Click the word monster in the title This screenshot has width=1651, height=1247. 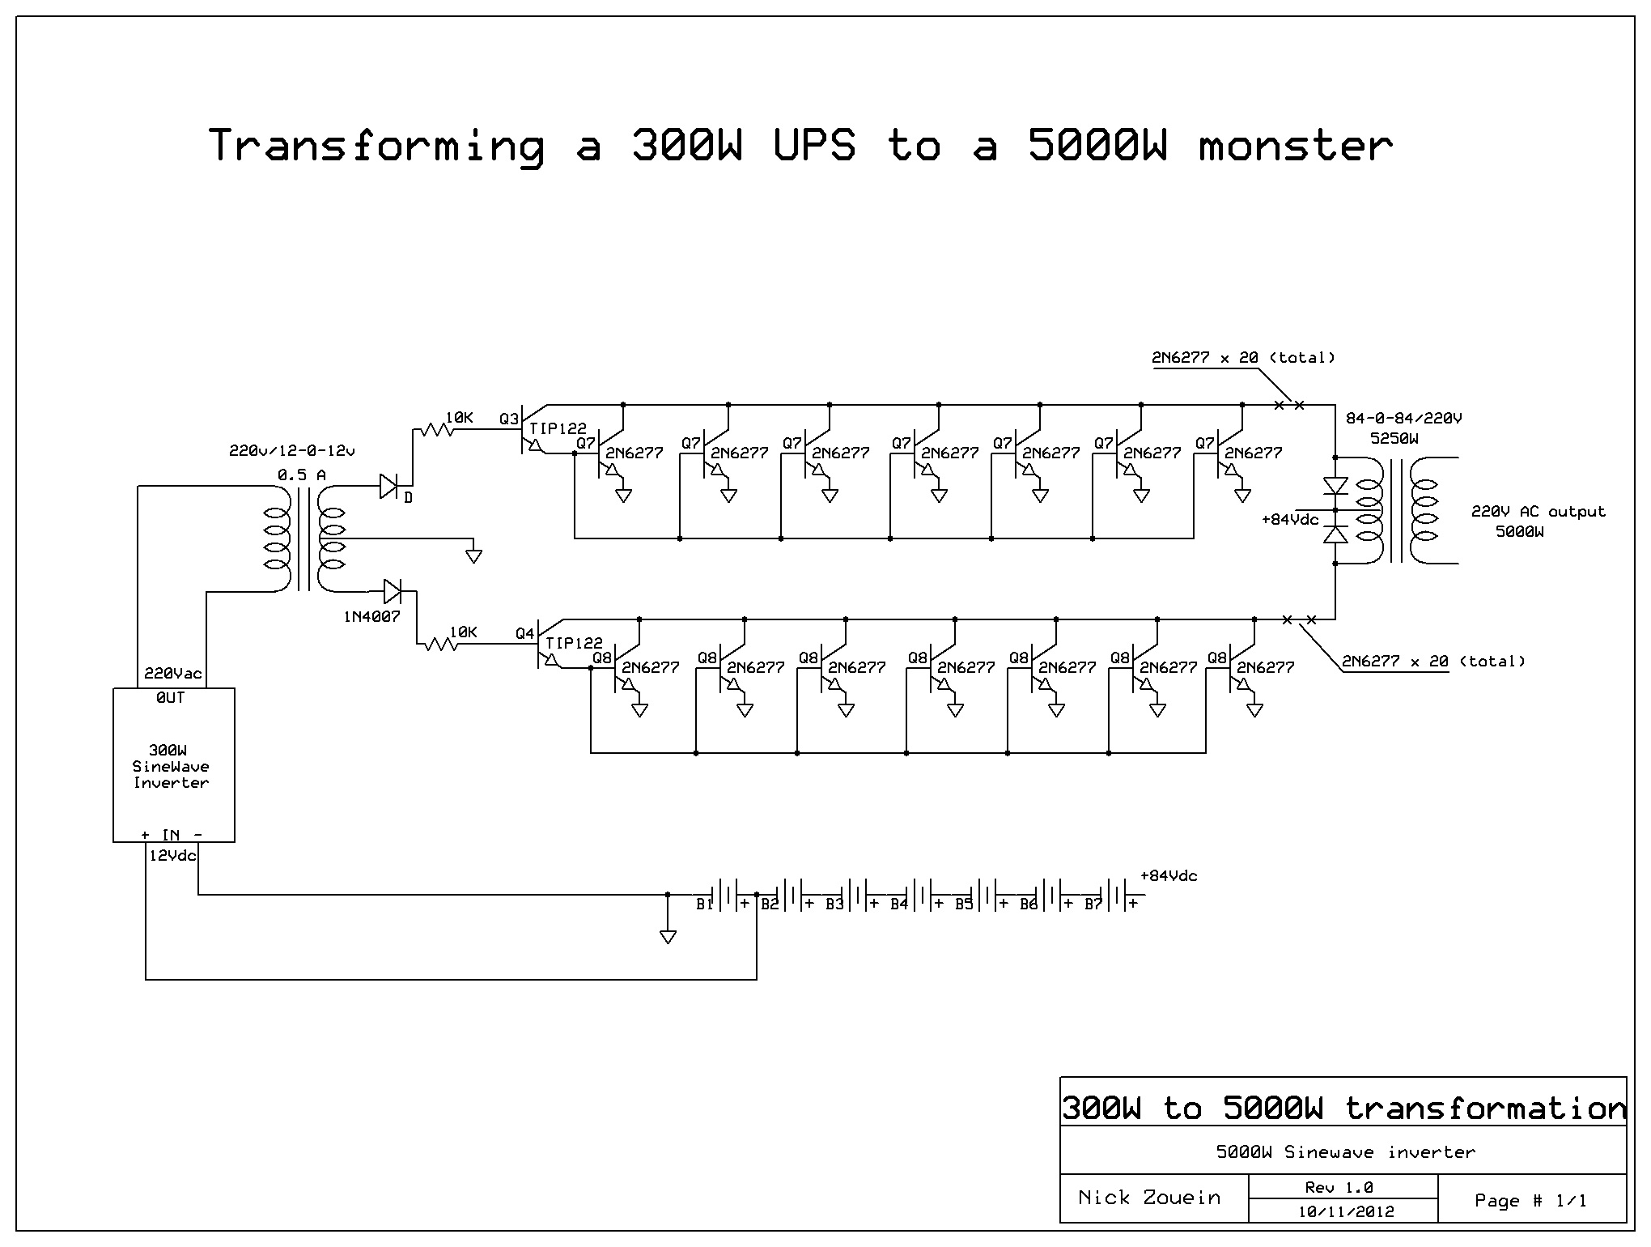point(1294,147)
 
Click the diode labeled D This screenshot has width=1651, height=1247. point(388,487)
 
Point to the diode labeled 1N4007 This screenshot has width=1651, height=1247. point(393,592)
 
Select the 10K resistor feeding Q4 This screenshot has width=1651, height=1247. point(441,645)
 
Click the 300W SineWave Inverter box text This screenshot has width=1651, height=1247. point(171,766)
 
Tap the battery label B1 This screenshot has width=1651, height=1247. point(704,904)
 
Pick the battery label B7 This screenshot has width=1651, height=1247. point(1093,904)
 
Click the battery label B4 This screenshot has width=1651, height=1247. point(898,904)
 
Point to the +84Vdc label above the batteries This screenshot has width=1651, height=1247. point(1168,876)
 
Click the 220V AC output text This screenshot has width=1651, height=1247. point(1538,512)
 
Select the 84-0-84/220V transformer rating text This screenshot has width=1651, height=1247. point(1403,419)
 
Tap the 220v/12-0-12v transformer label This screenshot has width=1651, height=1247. point(291,451)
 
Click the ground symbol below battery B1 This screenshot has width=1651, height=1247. point(668,936)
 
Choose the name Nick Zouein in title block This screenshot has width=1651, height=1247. point(1149,1198)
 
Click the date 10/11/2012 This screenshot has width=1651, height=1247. point(1346,1212)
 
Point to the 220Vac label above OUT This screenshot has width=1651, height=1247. point(172,674)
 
